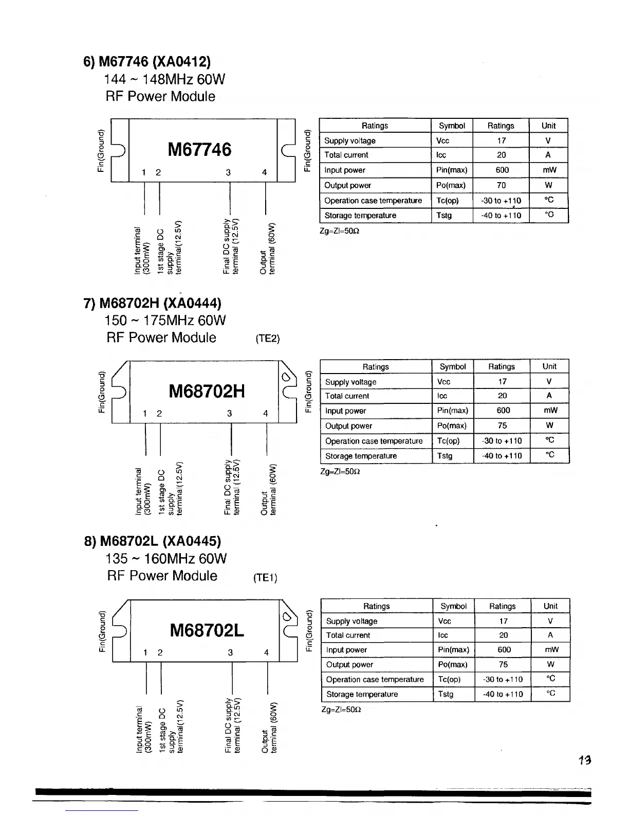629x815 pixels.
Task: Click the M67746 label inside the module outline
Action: coord(199,150)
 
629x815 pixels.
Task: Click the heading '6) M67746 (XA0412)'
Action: coord(147,62)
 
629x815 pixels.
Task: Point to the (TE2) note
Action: coord(267,339)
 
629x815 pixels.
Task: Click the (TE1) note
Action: coord(265,578)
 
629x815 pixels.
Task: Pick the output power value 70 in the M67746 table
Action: coord(501,185)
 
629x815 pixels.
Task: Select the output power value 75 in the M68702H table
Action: coord(502,426)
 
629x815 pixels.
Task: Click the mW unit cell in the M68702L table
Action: coord(550,650)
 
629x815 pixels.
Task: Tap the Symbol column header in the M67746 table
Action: coord(452,126)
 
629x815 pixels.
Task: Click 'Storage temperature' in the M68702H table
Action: coord(361,456)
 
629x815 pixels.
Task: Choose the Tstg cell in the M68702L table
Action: coord(446,694)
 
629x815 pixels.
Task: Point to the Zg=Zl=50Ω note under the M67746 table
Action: coord(339,231)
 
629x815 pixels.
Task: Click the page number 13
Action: coord(584,759)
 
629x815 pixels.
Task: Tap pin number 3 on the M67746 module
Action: coord(228,173)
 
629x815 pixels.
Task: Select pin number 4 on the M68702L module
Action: coord(266,652)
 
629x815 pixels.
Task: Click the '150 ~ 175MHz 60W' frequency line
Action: coord(165,321)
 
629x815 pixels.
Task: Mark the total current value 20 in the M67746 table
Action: coord(501,155)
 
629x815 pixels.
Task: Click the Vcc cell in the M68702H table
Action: coord(443,382)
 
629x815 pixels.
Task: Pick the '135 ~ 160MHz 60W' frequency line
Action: coord(166,559)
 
